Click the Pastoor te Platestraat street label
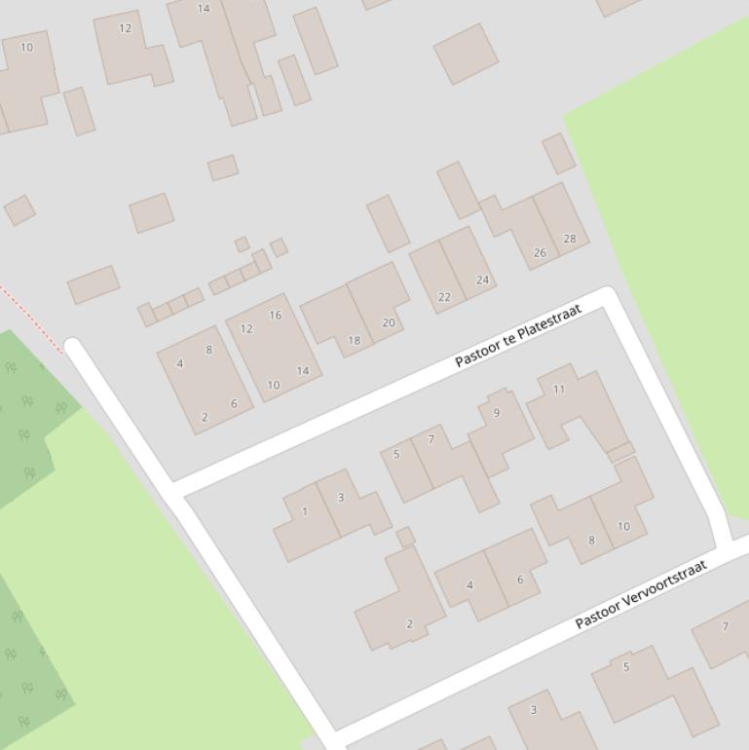(517, 335)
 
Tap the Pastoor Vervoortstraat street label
(640, 594)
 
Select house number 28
(569, 239)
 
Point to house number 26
(540, 253)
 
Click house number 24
(482, 281)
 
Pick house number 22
(444, 298)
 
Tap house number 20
(389, 323)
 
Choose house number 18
(354, 341)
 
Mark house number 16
(275, 316)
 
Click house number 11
(559, 390)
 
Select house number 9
(497, 413)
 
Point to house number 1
(305, 511)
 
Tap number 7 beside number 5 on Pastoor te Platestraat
(431, 440)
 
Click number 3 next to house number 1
(341, 498)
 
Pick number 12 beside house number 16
(246, 329)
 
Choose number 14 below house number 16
(302, 371)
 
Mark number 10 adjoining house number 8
(623, 527)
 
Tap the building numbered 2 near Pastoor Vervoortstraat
(409, 624)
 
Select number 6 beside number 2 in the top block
(234, 404)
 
